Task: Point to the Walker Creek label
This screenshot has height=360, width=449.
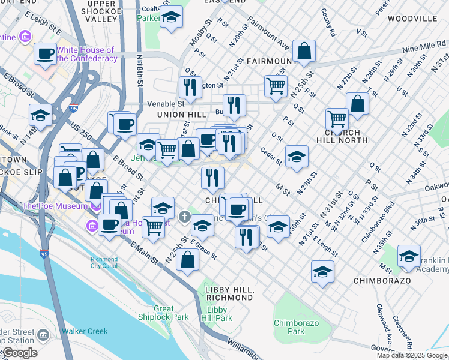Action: coord(85,331)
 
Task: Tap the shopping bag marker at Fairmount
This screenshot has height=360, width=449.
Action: coord(304,52)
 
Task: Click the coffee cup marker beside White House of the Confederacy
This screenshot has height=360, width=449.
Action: coord(45,54)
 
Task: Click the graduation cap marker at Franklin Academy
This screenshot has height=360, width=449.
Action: coord(409,256)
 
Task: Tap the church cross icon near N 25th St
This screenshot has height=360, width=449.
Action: coord(186,215)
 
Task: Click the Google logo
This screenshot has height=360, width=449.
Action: coord(19,353)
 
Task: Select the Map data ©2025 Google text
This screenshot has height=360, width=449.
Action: coord(412,355)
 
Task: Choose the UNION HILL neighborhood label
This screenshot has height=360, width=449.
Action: coord(177,114)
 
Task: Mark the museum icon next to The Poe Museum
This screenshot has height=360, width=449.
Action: coord(91,226)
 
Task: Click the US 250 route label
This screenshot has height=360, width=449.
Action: coord(80,128)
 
